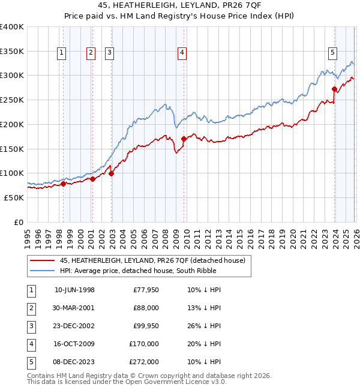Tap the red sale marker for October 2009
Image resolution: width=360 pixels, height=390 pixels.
tap(184, 139)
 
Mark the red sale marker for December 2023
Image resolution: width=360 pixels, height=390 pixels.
tap(334, 89)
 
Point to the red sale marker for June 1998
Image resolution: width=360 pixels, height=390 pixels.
tap(63, 184)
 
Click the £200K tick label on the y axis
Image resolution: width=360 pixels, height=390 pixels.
tap(12, 124)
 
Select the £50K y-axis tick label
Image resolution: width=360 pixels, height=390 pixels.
tap(14, 197)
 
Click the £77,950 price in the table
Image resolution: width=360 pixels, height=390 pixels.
tap(145, 290)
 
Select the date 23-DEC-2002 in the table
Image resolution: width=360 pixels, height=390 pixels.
tap(74, 326)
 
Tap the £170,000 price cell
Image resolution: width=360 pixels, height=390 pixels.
tap(145, 344)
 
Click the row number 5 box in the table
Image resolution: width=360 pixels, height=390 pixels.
tap(31, 362)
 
